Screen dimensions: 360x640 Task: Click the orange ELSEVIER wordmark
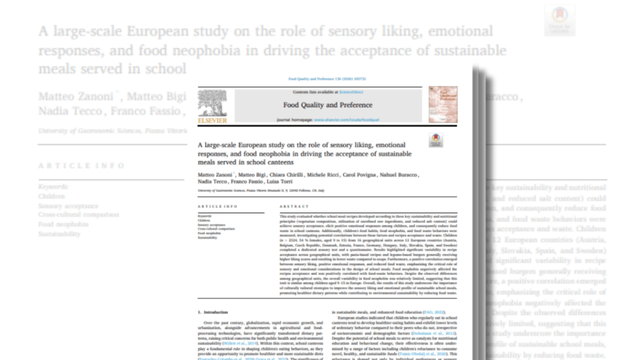(212, 118)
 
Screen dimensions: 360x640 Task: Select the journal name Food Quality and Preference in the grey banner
(327, 105)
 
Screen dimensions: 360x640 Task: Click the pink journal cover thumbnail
(442, 104)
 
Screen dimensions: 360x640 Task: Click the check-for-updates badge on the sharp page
(436, 140)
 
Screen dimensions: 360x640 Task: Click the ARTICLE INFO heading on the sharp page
(217, 206)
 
